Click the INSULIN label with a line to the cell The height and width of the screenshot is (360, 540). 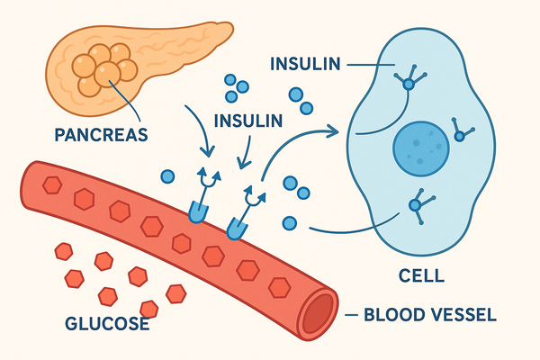pos(307,64)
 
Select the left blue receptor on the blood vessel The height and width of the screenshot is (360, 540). pos(195,211)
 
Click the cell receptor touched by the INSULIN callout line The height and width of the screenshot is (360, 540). pos(409,83)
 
